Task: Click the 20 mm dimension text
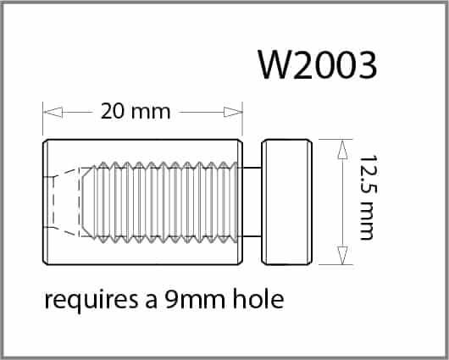pos(136,111)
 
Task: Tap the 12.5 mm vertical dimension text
pos(366,198)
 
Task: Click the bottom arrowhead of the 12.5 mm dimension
pos(342,256)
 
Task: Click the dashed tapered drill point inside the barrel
pos(69,202)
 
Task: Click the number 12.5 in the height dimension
pos(366,177)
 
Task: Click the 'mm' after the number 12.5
pos(366,224)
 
